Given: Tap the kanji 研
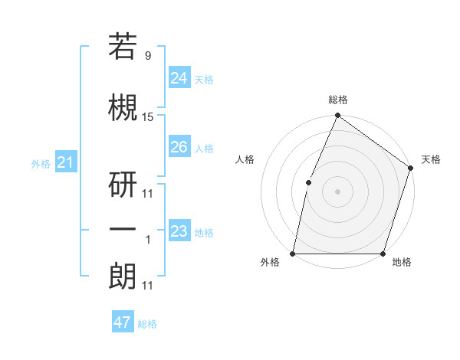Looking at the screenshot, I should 123,182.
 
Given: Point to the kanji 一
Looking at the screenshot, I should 123,229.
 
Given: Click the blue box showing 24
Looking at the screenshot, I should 179,77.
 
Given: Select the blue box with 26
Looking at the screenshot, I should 179,146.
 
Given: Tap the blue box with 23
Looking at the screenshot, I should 179,231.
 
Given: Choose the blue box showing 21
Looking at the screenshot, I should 65,162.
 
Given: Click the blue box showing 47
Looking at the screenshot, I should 123,322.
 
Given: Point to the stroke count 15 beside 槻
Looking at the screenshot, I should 148,117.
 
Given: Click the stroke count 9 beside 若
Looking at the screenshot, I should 147,56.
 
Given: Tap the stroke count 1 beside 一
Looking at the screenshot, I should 147,240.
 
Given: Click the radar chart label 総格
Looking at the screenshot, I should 337,100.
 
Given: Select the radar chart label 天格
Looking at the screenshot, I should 431,159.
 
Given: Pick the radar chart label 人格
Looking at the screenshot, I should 245,159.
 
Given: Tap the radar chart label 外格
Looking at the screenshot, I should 270,262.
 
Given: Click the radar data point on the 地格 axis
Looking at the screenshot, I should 383,254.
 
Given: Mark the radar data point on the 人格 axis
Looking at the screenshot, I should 308,182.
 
